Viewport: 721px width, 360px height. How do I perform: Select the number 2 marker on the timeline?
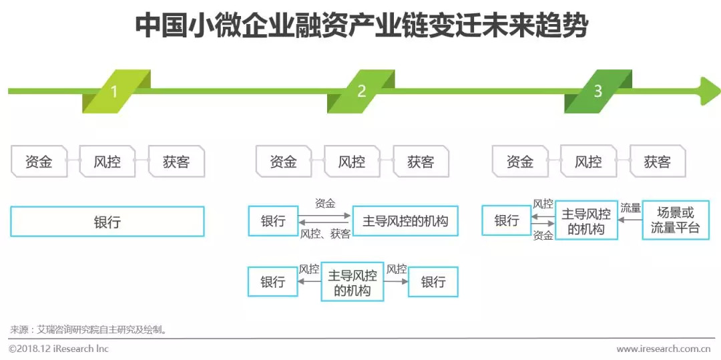click(361, 92)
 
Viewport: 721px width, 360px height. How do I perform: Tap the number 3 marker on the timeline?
click(597, 92)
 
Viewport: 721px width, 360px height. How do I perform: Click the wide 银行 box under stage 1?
click(107, 221)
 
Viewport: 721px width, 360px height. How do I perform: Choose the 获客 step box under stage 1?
click(176, 162)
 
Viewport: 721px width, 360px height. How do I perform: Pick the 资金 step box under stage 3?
click(520, 162)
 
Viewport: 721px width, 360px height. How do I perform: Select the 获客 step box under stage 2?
click(421, 162)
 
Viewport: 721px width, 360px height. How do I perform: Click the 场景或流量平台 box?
click(676, 220)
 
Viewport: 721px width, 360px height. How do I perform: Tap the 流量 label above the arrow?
click(630, 208)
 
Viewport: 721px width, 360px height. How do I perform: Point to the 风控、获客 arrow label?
click(325, 234)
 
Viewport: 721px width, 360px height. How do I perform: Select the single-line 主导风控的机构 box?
click(405, 220)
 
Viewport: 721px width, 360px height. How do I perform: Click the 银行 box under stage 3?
click(506, 220)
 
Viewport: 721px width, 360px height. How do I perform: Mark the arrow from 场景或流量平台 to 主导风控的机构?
click(630, 220)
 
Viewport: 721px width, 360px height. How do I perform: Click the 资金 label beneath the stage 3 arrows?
click(543, 236)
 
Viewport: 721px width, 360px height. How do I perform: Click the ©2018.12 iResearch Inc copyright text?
click(59, 349)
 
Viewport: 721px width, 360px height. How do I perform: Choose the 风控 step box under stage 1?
click(107, 162)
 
